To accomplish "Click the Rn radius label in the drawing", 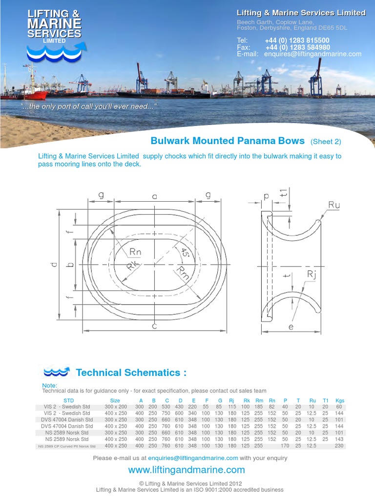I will (x=135, y=252).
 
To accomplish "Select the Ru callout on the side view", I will (x=333, y=205).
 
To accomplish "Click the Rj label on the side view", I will (x=312, y=275).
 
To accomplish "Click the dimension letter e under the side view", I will (x=291, y=327).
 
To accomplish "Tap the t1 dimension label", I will (x=284, y=194).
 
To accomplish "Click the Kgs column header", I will (x=340, y=400).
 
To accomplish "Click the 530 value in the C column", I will (x=167, y=407).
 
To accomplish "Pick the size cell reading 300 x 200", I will (x=115, y=407).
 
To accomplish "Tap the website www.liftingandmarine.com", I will (x=187, y=470).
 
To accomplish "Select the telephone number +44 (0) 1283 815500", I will (x=297, y=41).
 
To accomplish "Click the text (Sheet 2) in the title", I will (x=326, y=142).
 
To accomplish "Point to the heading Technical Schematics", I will (x=131, y=373).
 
